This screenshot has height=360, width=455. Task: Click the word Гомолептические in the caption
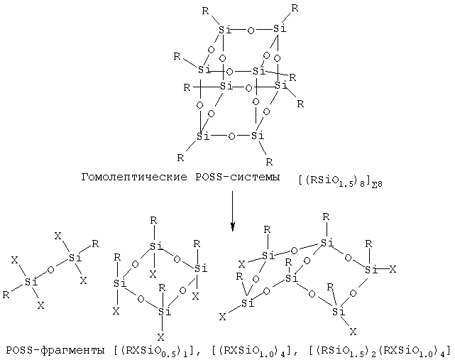[134, 177]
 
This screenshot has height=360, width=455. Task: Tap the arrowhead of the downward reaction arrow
[232, 227]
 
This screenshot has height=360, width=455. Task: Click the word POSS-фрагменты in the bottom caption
[55, 351]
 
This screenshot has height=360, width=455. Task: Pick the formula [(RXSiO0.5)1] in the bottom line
[153, 351]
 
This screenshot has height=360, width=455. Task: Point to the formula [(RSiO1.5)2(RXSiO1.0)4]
[380, 351]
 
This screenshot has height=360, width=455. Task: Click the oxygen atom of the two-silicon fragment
[50, 270]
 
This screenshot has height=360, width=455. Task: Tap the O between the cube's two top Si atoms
[251, 31]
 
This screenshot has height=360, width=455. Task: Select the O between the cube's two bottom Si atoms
[231, 136]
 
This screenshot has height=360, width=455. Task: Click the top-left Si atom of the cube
[224, 30]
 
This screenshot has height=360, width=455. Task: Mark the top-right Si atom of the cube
[280, 28]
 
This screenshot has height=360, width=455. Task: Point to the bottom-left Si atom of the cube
[203, 136]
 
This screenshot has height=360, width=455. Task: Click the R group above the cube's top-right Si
[295, 9]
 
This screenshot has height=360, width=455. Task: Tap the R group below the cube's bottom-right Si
[269, 162]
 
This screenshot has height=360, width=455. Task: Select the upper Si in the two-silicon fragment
[75, 258]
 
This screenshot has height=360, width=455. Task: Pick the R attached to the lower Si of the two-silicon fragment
[6, 295]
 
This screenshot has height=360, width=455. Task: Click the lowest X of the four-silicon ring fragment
[160, 337]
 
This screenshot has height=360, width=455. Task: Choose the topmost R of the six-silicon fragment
[326, 217]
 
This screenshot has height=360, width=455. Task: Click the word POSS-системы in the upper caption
[238, 177]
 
